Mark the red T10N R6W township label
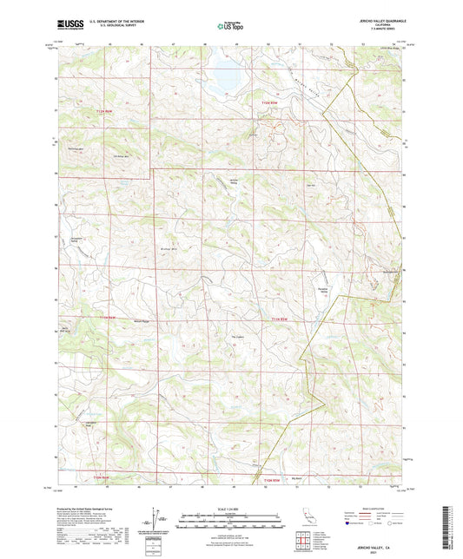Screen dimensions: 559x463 103,477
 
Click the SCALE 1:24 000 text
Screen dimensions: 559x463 231,508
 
